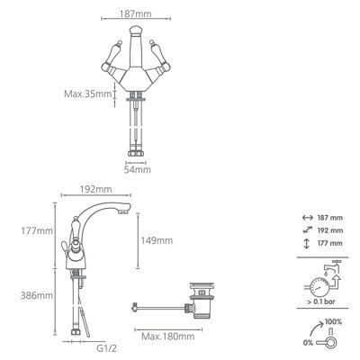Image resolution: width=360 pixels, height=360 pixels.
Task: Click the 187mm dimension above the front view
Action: click(136, 13)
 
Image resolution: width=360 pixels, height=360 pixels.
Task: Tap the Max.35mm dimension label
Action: click(88, 94)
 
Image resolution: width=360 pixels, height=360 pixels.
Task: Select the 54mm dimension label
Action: click(138, 170)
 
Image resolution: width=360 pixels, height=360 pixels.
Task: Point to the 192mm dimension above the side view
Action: click(96, 190)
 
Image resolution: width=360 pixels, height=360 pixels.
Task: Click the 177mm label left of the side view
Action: click(37, 231)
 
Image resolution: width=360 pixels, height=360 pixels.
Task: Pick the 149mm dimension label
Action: click(157, 240)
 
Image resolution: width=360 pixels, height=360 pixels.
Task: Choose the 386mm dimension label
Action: click(37, 295)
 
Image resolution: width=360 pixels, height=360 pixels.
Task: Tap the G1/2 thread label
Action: click(106, 348)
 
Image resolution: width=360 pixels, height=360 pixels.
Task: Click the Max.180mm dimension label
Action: click(168, 337)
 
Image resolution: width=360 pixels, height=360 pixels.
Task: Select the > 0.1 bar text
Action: click(320, 301)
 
